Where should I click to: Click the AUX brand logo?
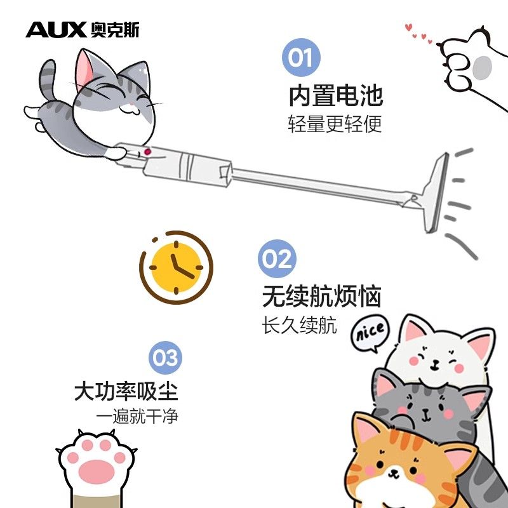pyautogui.click(x=83, y=30)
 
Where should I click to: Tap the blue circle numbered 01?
pyautogui.click(x=301, y=57)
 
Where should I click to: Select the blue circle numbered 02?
pyautogui.click(x=277, y=258)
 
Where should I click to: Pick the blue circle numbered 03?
pyautogui.click(x=165, y=358)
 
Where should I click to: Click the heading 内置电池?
pyautogui.click(x=336, y=96)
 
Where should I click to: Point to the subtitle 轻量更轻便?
pyautogui.click(x=335, y=124)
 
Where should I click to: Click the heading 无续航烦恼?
pyautogui.click(x=322, y=296)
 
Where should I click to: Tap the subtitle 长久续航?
pyautogui.click(x=299, y=325)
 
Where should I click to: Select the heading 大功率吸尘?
pyautogui.click(x=126, y=392)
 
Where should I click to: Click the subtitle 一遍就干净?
pyautogui.click(x=137, y=417)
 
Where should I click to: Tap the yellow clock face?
pyautogui.click(x=176, y=267)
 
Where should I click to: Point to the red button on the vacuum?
pyautogui.click(x=147, y=152)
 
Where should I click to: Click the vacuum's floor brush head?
pyautogui.click(x=435, y=192)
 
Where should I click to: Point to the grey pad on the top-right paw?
pyautogui.click(x=482, y=67)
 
